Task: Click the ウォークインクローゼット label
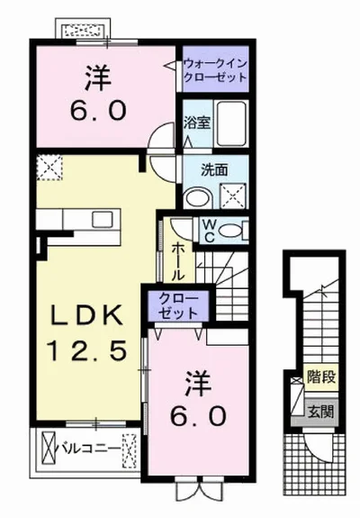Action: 215,70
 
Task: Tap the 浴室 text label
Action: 197,123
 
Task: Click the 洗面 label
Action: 214,169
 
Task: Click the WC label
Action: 208,231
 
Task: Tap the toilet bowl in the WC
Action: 230,230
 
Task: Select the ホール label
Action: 178,261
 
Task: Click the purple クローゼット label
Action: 178,305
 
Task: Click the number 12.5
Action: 86,350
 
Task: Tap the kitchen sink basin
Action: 103,219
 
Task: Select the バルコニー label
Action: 89,449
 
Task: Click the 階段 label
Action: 321,377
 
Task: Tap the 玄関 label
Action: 321,412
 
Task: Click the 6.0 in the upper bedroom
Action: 98,111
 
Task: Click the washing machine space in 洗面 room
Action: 233,195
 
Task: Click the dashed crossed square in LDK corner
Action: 49,168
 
